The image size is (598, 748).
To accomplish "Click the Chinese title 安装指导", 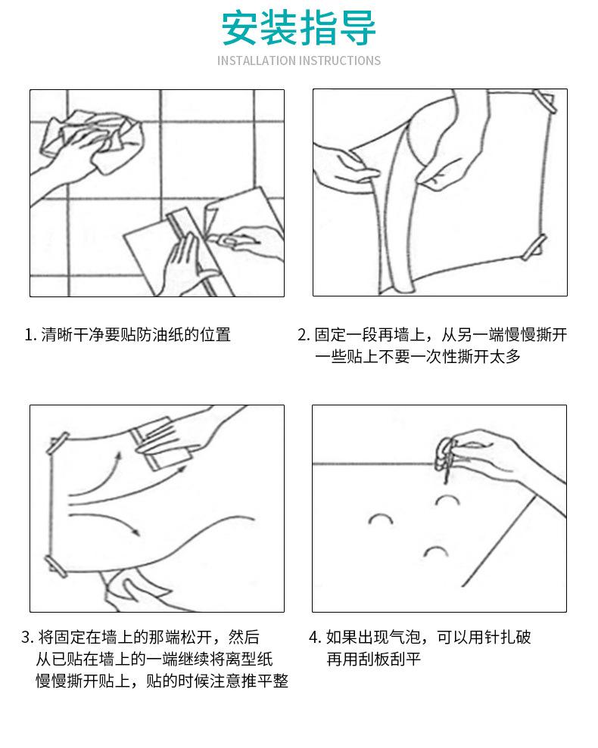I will click(298, 28).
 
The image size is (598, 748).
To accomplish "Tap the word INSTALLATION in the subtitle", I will click(256, 61).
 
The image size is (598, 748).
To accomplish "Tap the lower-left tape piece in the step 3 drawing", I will click(56, 563).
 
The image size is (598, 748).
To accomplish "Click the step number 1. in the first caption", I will click(30, 334).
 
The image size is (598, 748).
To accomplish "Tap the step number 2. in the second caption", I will click(303, 334).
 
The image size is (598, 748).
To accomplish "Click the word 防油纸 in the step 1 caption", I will click(148, 334).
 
